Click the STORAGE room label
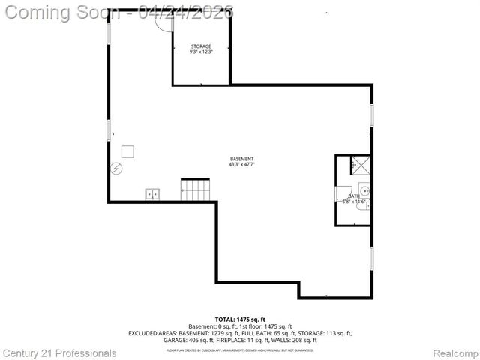[200, 46]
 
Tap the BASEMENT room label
[241, 159]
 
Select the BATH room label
[353, 196]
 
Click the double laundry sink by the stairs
[152, 195]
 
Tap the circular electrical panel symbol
[116, 168]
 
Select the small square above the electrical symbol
[127, 151]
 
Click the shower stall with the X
[361, 165]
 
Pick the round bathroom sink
[363, 187]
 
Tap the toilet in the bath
[362, 202]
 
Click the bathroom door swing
[343, 193]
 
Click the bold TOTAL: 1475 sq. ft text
[240, 319]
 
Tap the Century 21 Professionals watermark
[59, 352]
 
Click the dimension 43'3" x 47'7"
[241, 165]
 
